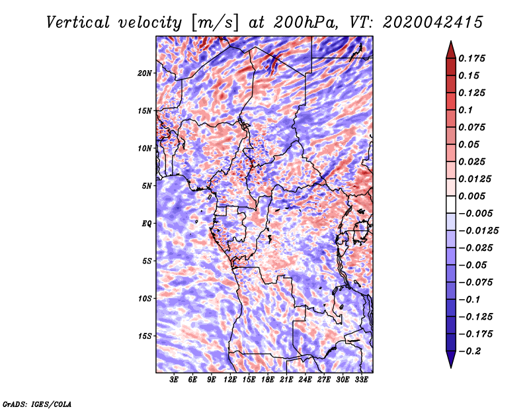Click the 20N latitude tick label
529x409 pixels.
point(144,73)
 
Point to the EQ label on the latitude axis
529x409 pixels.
point(146,224)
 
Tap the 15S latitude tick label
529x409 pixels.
point(144,336)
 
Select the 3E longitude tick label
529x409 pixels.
point(174,380)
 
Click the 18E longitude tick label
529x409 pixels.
point(268,380)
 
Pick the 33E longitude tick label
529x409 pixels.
point(361,380)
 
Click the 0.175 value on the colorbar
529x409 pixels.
point(471,58)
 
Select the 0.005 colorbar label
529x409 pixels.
point(471,196)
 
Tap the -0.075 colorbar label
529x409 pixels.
point(475,283)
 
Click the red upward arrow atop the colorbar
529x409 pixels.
point(451,50)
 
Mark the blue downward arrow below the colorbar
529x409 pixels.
point(451,359)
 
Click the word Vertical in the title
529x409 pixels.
point(77,23)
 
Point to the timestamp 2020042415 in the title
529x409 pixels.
point(432,23)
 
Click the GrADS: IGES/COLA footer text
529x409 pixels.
point(37,404)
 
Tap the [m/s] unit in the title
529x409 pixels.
point(215,23)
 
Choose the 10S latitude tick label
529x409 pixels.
point(144,299)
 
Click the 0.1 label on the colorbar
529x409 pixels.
point(466,110)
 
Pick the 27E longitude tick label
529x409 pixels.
point(324,380)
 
